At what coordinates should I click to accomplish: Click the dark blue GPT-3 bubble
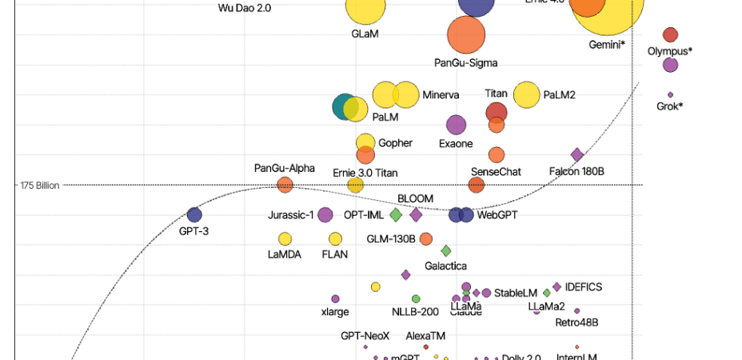click(x=194, y=214)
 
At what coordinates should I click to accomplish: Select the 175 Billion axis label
click(x=39, y=186)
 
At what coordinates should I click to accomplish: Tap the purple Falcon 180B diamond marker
click(x=576, y=155)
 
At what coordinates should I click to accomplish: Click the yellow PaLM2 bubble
click(x=527, y=95)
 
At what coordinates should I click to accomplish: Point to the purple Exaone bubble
click(x=456, y=125)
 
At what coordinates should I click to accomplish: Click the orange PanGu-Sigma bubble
click(x=466, y=34)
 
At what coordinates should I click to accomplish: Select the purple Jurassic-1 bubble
click(x=325, y=214)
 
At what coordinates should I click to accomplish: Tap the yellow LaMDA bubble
click(x=285, y=238)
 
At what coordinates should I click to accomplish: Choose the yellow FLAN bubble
click(x=335, y=238)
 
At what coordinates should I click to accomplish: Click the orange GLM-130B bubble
click(x=426, y=238)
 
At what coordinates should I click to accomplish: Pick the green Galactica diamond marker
click(x=446, y=251)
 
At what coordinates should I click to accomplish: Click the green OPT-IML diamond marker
click(x=395, y=214)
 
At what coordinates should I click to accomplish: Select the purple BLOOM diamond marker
click(x=416, y=214)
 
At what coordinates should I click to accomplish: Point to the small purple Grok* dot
click(x=670, y=94)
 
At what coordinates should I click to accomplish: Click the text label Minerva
click(x=441, y=95)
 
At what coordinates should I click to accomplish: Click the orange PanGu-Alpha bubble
click(x=285, y=185)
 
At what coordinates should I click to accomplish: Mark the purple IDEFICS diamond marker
click(x=556, y=286)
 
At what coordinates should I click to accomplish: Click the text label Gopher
click(x=395, y=143)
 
